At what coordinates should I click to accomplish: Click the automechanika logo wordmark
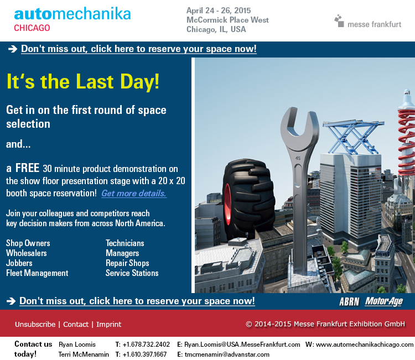click(x=72, y=14)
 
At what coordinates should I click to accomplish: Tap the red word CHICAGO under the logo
click(x=32, y=28)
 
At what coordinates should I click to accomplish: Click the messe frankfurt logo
click(x=367, y=22)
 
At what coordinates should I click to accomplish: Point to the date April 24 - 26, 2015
click(x=219, y=11)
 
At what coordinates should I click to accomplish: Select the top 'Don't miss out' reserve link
click(x=139, y=49)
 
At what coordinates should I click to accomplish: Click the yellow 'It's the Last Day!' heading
click(x=83, y=81)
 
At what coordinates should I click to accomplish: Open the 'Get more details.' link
click(x=134, y=194)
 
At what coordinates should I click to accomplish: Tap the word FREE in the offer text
click(x=27, y=168)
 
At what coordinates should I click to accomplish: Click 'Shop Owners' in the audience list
click(x=28, y=243)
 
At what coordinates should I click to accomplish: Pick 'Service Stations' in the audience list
click(x=132, y=273)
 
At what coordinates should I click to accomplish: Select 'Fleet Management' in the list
click(x=37, y=273)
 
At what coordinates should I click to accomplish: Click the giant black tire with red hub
click(x=248, y=197)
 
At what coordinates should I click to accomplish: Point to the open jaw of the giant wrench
click(x=299, y=124)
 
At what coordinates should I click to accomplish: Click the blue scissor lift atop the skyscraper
click(x=354, y=138)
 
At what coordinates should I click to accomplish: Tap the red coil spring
click(x=407, y=143)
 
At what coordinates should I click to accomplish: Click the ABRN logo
click(x=349, y=301)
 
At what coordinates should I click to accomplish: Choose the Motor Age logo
click(x=384, y=301)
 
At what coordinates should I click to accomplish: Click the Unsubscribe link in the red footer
click(x=35, y=324)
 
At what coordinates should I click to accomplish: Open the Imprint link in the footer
click(x=109, y=324)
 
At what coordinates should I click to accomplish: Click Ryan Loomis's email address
click(x=242, y=345)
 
